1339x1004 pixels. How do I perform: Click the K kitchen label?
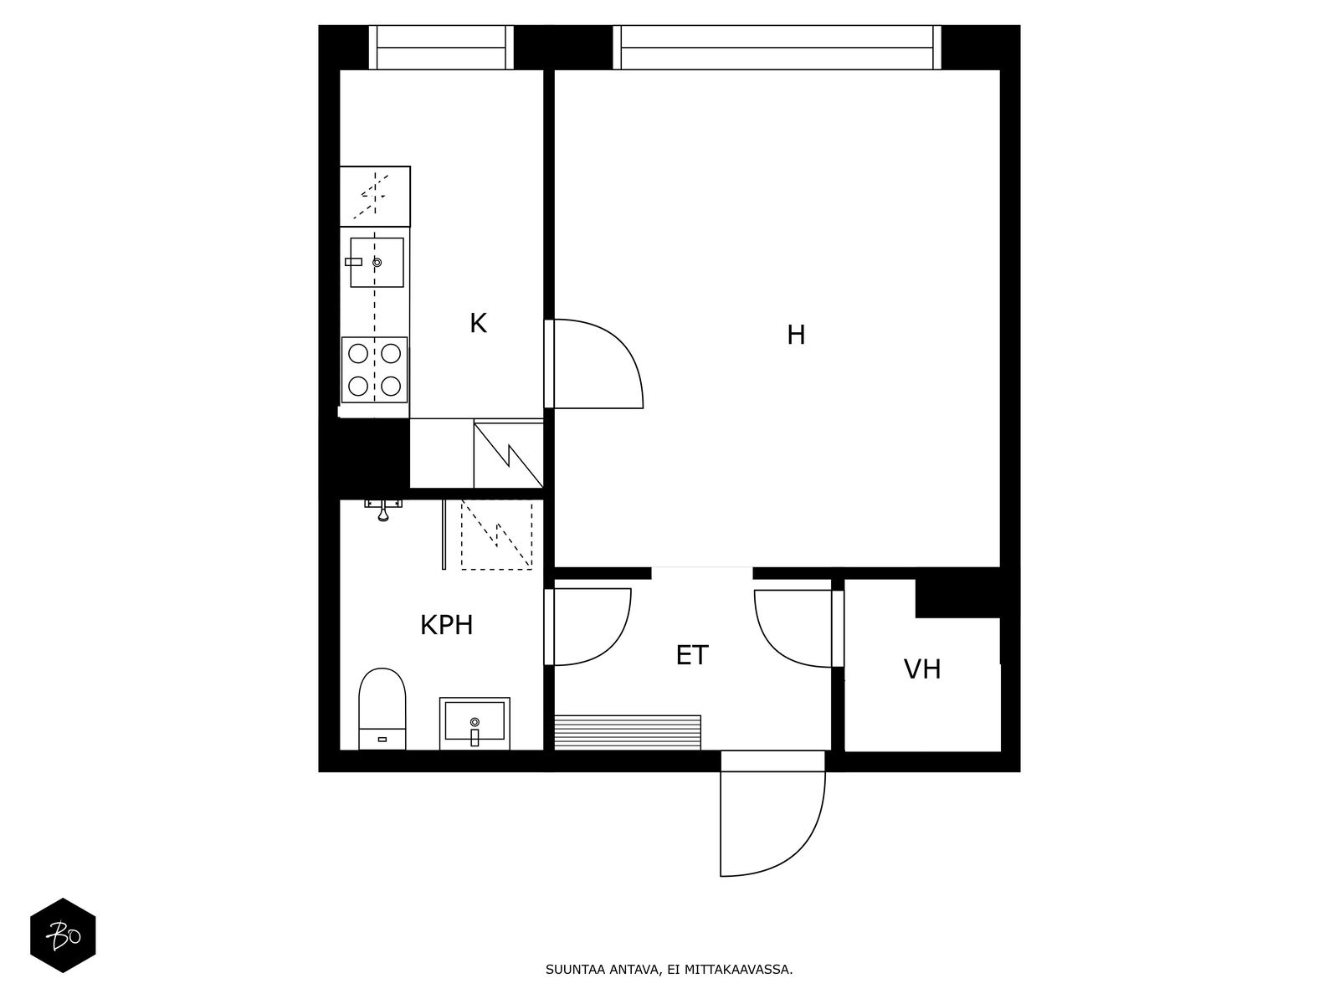(x=478, y=324)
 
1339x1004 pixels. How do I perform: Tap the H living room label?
(x=796, y=336)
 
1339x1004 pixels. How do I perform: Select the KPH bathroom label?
(x=446, y=625)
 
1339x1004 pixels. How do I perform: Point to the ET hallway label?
(x=692, y=655)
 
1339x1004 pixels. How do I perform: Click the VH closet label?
(x=922, y=669)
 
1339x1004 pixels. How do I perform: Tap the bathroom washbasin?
(x=475, y=722)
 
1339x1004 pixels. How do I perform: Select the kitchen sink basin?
(x=377, y=262)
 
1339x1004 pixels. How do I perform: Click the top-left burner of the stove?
(x=358, y=353)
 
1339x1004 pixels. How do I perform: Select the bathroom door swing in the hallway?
(x=591, y=627)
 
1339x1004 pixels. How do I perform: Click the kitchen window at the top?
(x=441, y=48)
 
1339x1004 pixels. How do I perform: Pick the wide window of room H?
(x=777, y=48)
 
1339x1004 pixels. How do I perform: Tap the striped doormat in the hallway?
(x=628, y=732)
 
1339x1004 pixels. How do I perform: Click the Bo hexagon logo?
(x=63, y=935)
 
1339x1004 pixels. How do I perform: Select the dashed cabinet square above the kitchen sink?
(x=375, y=196)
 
